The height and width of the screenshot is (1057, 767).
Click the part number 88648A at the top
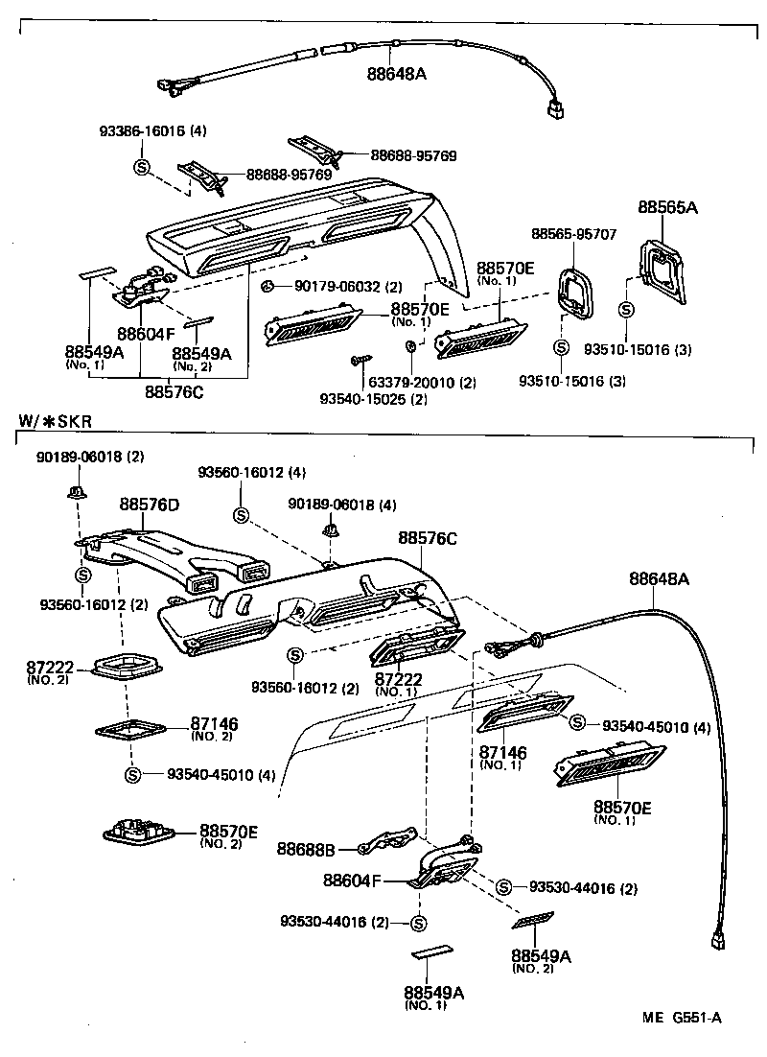tap(395, 71)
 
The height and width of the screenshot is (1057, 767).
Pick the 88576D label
tap(149, 504)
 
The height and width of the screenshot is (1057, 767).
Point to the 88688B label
tap(306, 848)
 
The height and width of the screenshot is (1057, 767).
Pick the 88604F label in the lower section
tap(352, 879)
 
